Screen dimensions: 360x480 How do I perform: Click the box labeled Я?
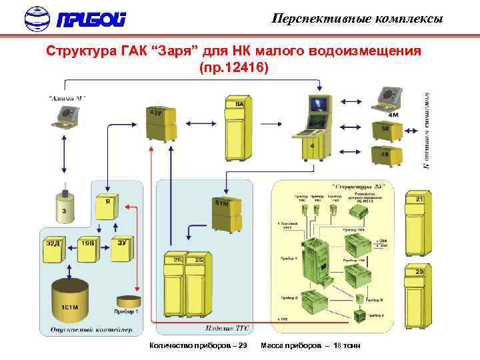(106, 206)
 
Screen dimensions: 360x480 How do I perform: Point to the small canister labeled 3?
(64, 207)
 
